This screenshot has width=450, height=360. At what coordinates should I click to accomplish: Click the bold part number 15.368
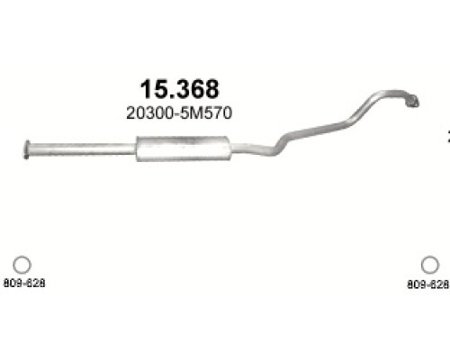pos(179,89)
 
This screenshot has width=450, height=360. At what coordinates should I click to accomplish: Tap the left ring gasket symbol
pos(22,265)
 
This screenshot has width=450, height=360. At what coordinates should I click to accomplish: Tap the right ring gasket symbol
pos(430,265)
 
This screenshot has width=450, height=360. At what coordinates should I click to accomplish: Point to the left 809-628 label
pos(23,283)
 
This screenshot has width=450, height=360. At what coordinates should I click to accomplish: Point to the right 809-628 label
pos(427,283)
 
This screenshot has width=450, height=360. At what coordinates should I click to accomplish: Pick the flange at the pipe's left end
pos(27,149)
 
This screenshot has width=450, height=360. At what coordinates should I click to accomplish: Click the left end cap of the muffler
pos(139,148)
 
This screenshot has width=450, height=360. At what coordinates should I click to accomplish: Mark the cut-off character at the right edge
pos(447,137)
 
